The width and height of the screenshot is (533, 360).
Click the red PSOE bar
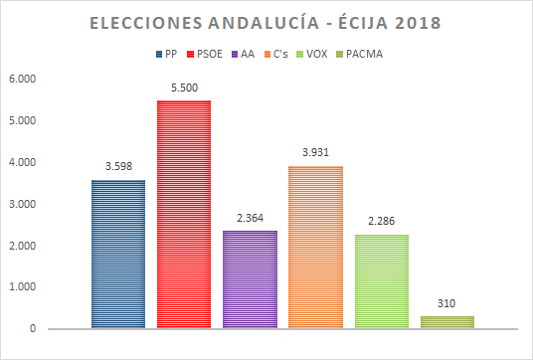point(184,214)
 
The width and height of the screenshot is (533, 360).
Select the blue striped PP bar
point(118,254)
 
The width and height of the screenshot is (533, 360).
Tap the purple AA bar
point(250,279)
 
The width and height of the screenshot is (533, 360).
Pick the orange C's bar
point(315,247)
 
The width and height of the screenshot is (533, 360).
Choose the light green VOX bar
point(381,281)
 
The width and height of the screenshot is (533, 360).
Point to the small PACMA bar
point(446,322)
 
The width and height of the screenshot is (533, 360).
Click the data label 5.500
point(184,90)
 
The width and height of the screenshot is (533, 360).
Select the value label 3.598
point(118,168)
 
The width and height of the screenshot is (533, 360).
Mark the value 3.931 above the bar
point(315,154)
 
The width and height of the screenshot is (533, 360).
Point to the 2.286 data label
point(381,223)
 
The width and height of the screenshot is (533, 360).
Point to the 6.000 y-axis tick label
point(21,79)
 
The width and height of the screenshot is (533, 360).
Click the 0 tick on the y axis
point(33,328)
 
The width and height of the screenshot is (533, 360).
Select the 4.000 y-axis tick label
point(21,162)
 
